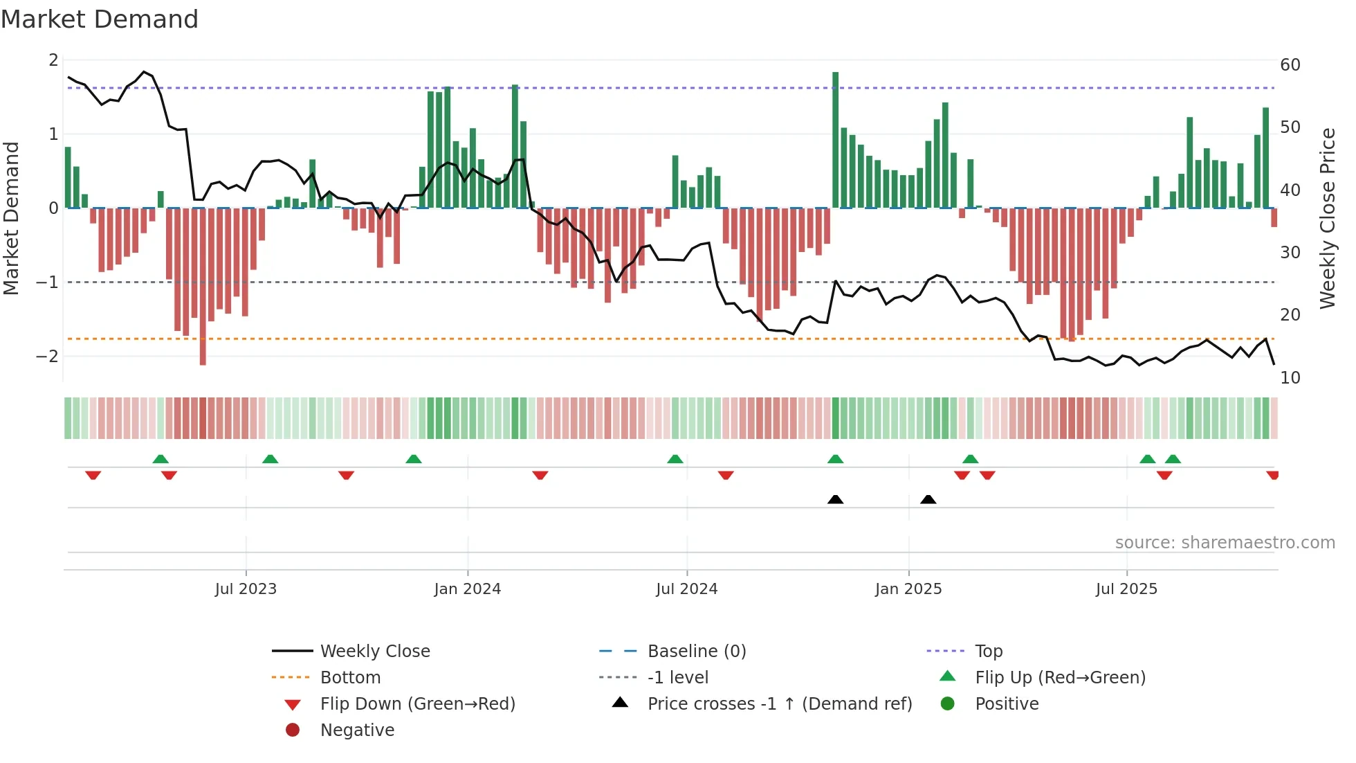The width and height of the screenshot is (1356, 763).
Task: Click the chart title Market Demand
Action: click(x=100, y=19)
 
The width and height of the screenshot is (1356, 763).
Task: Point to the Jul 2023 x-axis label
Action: click(x=246, y=589)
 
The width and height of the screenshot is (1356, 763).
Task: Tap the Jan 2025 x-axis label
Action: click(x=908, y=589)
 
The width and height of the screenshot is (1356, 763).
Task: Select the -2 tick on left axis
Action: click(x=47, y=357)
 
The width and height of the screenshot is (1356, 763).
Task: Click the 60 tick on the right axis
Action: click(x=1290, y=65)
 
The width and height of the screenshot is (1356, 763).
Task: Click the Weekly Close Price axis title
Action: click(x=1327, y=218)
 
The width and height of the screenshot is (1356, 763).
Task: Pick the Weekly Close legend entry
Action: click(x=374, y=652)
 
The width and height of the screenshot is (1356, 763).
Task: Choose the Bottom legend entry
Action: click(x=350, y=678)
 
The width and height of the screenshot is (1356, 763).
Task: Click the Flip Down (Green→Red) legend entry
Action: click(x=417, y=704)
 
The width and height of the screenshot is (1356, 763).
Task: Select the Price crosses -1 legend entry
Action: click(x=779, y=704)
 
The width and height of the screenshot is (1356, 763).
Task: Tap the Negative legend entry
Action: click(x=357, y=730)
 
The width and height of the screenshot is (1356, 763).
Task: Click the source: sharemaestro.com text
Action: click(x=1225, y=543)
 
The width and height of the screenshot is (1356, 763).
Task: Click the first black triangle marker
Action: click(x=835, y=500)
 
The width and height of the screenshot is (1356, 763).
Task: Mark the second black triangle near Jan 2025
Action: click(x=928, y=500)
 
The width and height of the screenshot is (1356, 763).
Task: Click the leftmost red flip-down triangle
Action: click(x=93, y=475)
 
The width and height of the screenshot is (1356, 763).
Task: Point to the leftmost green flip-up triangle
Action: click(x=161, y=459)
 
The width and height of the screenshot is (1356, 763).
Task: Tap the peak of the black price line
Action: click(x=144, y=72)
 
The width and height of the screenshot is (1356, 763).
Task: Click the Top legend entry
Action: click(x=988, y=652)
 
